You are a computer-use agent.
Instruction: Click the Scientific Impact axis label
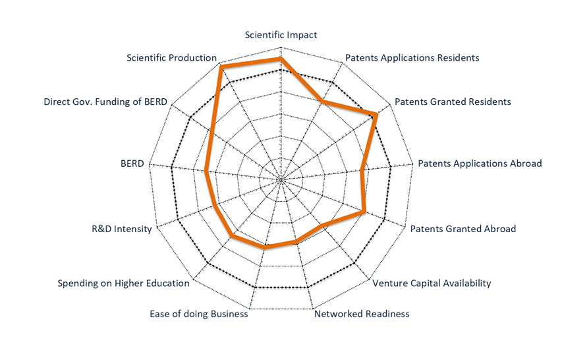pos(281,35)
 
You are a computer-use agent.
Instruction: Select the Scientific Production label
pos(172,58)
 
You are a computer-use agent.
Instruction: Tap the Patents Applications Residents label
pos(412,58)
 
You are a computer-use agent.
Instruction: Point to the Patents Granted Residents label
pos(453,102)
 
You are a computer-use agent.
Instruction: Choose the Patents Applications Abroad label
pos(480,164)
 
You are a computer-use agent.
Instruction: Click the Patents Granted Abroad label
pos(463,229)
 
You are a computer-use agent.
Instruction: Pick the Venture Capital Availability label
pos(432,284)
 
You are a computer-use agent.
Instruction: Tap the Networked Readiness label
pos(362,314)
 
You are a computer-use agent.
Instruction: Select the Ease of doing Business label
pos(199,314)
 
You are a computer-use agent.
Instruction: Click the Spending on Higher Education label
pos(124,284)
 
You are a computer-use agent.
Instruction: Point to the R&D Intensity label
pos(122,229)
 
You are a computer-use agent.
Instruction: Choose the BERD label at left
pos(132,164)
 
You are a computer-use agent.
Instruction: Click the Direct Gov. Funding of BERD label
pos(105,102)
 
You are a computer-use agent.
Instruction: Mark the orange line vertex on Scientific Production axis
pos(221,67)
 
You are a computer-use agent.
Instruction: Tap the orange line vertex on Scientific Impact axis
pos(281,59)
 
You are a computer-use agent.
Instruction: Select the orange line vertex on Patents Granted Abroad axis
pos(364,212)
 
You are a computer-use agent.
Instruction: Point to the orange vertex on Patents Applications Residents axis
pos(323,102)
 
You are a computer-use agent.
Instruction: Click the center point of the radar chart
pos(281,179)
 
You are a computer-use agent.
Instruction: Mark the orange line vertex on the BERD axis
pos(206,172)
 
